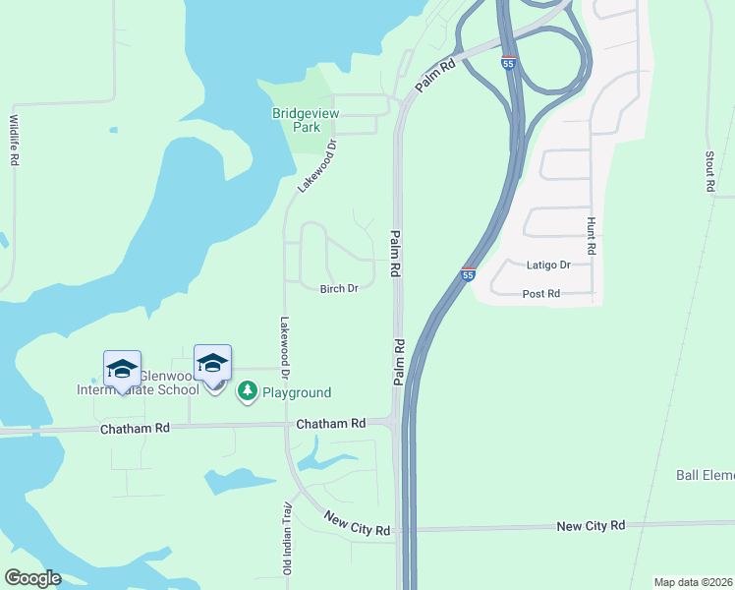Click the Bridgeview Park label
(x=306, y=120)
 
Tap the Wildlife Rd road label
(x=15, y=140)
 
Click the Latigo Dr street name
(x=548, y=265)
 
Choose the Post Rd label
(x=540, y=293)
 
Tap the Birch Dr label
(x=339, y=288)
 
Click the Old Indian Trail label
(x=288, y=538)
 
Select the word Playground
(x=296, y=392)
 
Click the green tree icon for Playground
(x=248, y=391)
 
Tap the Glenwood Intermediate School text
(x=138, y=383)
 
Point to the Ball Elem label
(x=705, y=475)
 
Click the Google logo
(x=31, y=577)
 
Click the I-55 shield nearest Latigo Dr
(x=469, y=274)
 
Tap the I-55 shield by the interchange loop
(x=508, y=62)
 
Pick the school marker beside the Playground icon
(x=212, y=364)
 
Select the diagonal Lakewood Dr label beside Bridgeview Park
(x=316, y=165)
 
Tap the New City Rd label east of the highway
(x=591, y=525)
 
